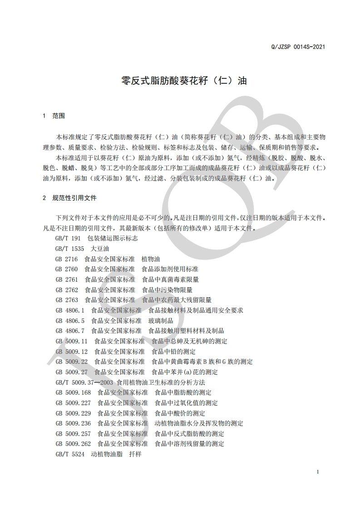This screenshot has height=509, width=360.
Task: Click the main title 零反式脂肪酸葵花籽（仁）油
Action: point(184,81)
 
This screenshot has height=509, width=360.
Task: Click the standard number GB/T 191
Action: point(68,238)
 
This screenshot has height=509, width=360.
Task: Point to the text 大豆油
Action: point(100,249)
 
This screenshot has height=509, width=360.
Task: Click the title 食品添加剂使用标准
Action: point(170,269)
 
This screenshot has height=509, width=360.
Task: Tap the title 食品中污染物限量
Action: point(167,289)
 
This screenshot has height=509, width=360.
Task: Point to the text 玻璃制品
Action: point(161,320)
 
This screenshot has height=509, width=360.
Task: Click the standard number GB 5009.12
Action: point(72,352)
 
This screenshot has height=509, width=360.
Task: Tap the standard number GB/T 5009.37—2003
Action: point(84,382)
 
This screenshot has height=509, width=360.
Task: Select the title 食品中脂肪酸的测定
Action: point(183,392)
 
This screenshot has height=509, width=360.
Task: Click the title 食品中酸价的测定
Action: point(180,413)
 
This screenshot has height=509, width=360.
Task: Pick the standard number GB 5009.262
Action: point(74,444)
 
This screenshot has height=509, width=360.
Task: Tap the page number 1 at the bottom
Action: point(318,472)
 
